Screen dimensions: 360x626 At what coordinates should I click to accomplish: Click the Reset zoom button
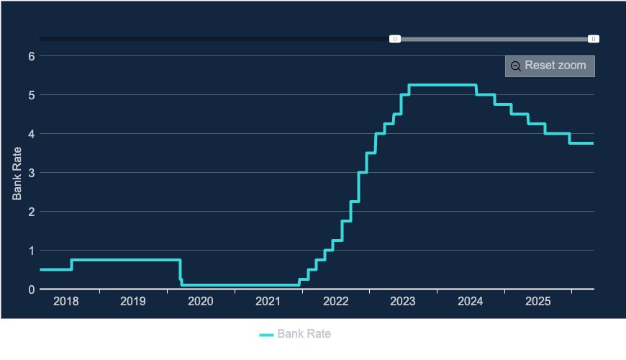pyautogui.click(x=550, y=66)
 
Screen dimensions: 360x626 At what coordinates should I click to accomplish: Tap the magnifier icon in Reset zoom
pyautogui.click(x=515, y=66)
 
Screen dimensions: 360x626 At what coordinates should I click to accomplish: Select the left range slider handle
pyautogui.click(x=395, y=39)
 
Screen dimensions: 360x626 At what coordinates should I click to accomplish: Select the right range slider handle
pyautogui.click(x=594, y=39)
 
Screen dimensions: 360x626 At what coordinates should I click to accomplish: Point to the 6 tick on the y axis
pyautogui.click(x=31, y=56)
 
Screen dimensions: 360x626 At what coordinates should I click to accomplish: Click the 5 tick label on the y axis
pyautogui.click(x=31, y=95)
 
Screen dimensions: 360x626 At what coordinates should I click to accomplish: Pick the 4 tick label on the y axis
pyautogui.click(x=31, y=134)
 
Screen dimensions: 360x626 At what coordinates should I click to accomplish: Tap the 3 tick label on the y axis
pyautogui.click(x=31, y=173)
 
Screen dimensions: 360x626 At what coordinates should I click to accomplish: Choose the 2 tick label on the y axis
pyautogui.click(x=31, y=212)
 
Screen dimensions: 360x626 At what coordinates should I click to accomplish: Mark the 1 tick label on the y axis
pyautogui.click(x=31, y=251)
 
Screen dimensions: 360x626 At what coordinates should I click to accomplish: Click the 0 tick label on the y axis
pyautogui.click(x=31, y=289)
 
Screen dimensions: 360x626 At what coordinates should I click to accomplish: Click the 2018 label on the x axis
pyautogui.click(x=65, y=300)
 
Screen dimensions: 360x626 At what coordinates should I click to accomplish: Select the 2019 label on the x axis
pyautogui.click(x=133, y=300)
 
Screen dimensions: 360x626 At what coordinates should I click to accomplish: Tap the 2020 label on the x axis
pyautogui.click(x=201, y=300)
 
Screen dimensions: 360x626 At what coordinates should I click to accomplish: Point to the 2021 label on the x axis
pyautogui.click(x=268, y=300)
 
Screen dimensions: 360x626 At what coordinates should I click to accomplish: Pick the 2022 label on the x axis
pyautogui.click(x=335, y=300)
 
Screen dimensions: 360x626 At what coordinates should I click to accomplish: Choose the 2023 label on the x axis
pyautogui.click(x=403, y=300)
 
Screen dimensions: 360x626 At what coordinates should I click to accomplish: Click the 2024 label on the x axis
pyautogui.click(x=471, y=300)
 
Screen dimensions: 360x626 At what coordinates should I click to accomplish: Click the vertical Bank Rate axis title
pyautogui.click(x=17, y=173)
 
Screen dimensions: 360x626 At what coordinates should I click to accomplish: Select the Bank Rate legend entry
pyautogui.click(x=295, y=334)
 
